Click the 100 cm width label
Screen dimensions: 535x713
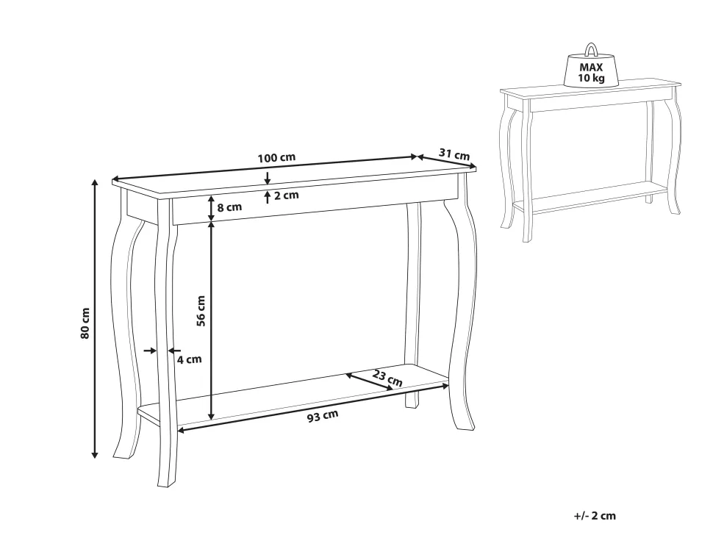click(276, 158)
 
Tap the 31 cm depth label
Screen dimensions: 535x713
click(454, 154)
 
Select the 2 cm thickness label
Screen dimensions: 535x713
click(286, 195)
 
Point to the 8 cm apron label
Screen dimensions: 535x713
click(229, 207)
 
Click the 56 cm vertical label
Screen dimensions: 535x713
click(201, 310)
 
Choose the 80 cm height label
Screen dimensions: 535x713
click(85, 322)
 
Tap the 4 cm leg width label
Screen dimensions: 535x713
click(189, 359)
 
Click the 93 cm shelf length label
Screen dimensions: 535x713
click(323, 416)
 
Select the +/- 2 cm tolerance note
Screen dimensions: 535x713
click(595, 516)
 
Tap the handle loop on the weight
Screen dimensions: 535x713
click(591, 50)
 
